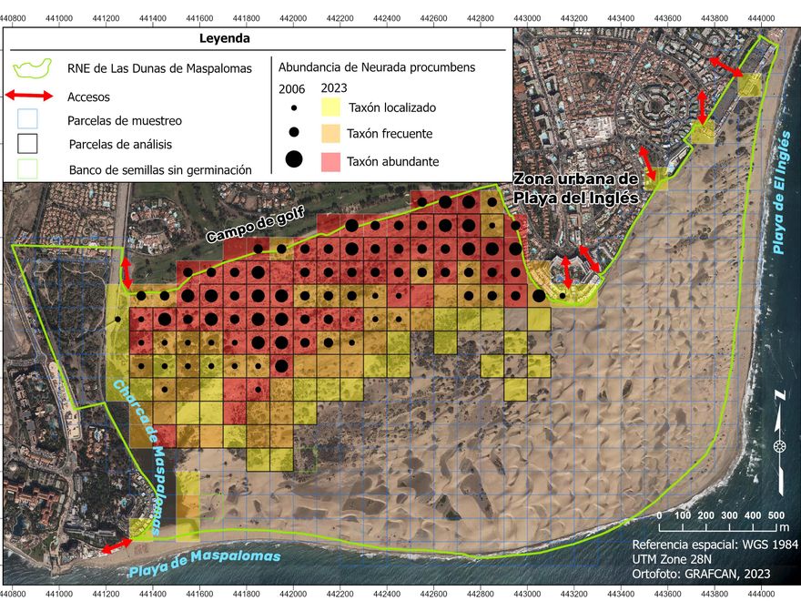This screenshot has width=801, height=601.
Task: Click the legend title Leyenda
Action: coord(224,39)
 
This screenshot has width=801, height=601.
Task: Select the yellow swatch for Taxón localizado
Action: coord(330,107)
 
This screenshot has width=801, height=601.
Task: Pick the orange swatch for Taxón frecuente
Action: coord(330,134)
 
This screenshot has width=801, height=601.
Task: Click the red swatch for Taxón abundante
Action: coord(330,160)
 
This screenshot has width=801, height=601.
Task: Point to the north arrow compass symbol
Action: coord(779,445)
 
